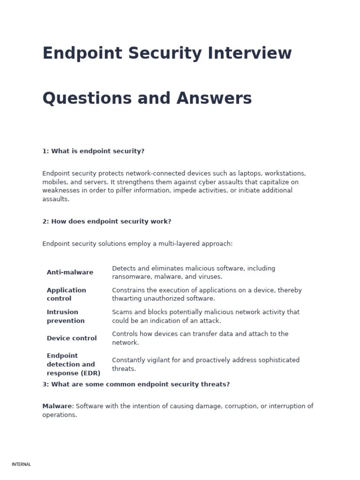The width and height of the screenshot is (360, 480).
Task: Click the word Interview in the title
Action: [x=250, y=53]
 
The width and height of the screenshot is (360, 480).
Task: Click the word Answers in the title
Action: [x=214, y=98]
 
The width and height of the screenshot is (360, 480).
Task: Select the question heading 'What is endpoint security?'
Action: [x=93, y=151]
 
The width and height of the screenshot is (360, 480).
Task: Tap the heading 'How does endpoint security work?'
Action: [x=107, y=221]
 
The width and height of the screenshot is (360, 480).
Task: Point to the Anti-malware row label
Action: [x=70, y=272]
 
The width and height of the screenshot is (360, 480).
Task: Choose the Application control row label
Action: [x=66, y=294]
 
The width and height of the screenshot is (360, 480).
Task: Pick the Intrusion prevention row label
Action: [x=66, y=316]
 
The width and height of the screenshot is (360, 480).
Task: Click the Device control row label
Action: [x=72, y=338]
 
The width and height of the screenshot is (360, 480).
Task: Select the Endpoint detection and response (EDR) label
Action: [x=71, y=364]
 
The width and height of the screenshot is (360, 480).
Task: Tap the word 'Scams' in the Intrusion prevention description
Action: [x=122, y=312]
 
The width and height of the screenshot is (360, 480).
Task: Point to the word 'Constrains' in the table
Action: [x=129, y=290]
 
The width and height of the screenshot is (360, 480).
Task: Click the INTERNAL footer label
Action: [x=21, y=465]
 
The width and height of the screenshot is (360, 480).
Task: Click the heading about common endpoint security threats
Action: [x=136, y=384]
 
